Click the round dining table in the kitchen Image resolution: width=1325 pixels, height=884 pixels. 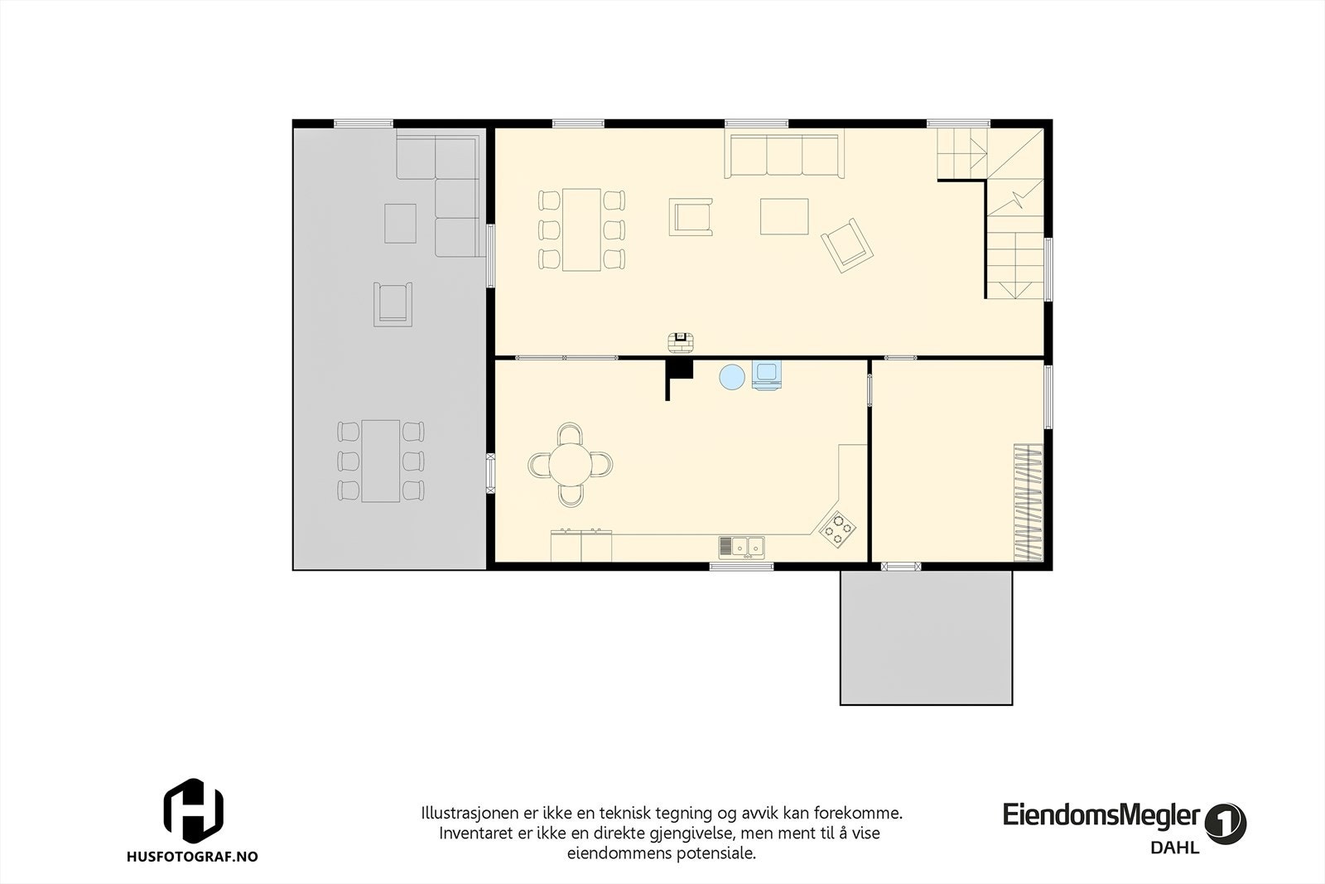click(x=571, y=464)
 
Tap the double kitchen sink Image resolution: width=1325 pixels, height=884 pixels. click(x=741, y=547)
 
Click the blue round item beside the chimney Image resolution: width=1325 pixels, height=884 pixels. click(x=732, y=377)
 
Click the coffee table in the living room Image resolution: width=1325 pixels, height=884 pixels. click(x=784, y=216)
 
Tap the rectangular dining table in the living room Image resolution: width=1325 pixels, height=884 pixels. click(x=581, y=229)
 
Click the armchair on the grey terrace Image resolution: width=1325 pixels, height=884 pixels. click(x=393, y=303)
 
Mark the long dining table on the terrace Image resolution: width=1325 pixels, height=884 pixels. click(x=381, y=461)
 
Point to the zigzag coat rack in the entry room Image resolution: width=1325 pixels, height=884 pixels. click(x=1030, y=503)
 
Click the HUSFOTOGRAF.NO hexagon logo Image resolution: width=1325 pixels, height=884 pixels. click(x=193, y=809)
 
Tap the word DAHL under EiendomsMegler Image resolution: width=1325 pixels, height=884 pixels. click(x=1174, y=848)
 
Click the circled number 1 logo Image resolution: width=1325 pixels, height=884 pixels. click(x=1226, y=824)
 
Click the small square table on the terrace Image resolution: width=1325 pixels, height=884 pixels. click(x=400, y=223)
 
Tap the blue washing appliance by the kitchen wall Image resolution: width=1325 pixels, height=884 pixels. click(x=766, y=375)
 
